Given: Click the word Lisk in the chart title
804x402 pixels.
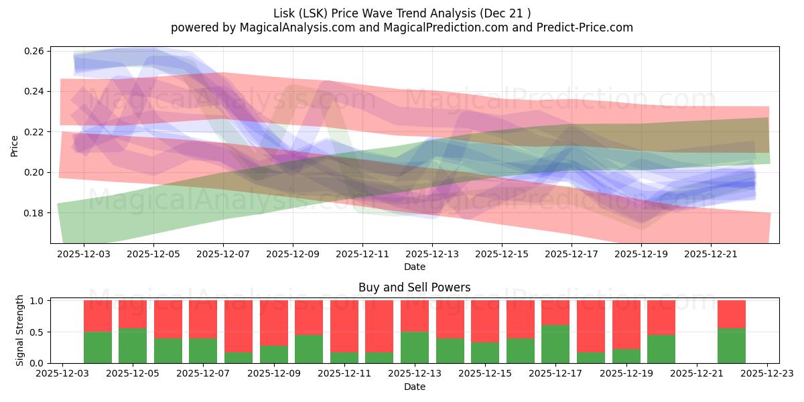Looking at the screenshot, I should [285, 13].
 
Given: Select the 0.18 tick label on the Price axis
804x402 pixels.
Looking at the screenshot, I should [36, 213].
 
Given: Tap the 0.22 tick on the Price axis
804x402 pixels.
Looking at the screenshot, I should [36, 132].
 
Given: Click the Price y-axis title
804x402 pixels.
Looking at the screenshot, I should [14, 145].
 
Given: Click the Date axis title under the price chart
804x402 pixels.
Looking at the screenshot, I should [414, 267].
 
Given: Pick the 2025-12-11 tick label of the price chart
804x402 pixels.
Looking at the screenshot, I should [362, 254].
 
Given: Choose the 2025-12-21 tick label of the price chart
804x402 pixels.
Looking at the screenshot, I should [711, 254].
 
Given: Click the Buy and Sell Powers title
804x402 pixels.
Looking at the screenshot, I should [414, 287].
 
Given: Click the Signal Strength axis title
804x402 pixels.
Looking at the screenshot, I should [20, 330].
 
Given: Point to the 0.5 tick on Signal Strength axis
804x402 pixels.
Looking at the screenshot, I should [38, 332].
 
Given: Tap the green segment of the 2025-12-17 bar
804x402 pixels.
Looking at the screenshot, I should [555, 344].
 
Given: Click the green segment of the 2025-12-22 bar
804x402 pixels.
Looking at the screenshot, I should [732, 346].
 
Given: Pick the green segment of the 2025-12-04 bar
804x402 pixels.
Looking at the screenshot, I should [98, 347].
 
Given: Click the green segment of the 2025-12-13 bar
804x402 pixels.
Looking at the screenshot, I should [415, 347].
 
